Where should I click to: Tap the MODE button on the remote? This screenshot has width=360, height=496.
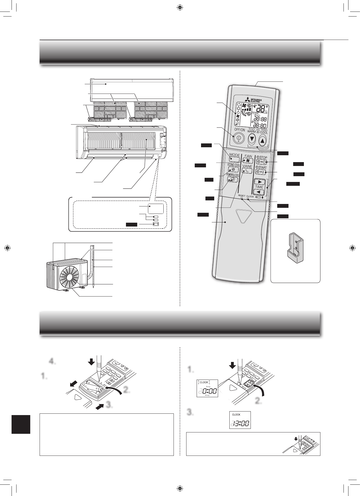(234, 159)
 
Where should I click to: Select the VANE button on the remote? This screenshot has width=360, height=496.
(247, 171)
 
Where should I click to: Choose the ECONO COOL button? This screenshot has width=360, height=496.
(233, 170)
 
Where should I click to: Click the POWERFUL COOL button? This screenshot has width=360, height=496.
(233, 179)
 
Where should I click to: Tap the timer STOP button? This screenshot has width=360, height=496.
(261, 162)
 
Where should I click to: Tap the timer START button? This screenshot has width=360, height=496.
(261, 172)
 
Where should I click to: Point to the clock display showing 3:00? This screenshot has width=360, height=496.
(240, 420)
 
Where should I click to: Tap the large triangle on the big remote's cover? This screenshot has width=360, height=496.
(244, 216)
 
